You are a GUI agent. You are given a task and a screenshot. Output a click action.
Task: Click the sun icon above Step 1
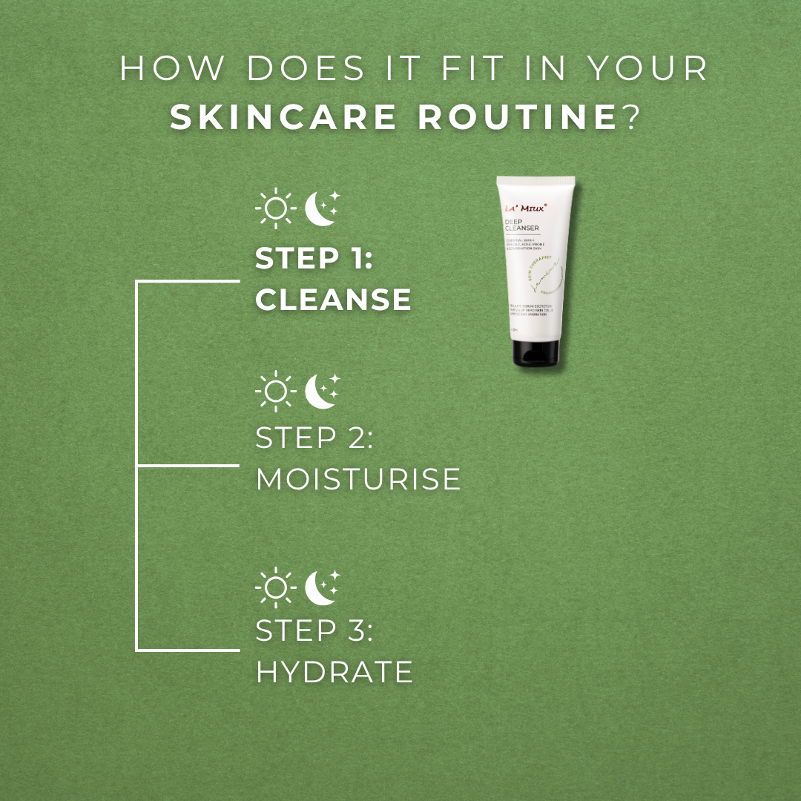coord(275,208)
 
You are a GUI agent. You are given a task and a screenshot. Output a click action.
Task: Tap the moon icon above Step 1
coord(322,208)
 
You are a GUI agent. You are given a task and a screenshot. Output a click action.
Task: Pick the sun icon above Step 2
coord(275,390)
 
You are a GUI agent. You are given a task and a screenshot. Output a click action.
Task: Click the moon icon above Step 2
coord(322,390)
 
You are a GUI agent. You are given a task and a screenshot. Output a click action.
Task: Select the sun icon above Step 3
coord(275,587)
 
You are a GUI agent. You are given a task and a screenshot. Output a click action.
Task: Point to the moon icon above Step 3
coord(322,586)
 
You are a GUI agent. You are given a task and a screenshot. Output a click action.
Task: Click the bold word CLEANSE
coord(333,300)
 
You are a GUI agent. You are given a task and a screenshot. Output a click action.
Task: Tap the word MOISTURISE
coord(358,479)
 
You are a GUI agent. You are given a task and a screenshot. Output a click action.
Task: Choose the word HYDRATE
coord(334,673)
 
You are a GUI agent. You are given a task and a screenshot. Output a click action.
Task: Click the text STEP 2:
coord(314,438)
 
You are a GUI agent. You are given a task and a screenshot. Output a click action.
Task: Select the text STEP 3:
coord(314,632)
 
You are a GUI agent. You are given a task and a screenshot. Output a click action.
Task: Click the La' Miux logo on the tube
coord(525,209)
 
